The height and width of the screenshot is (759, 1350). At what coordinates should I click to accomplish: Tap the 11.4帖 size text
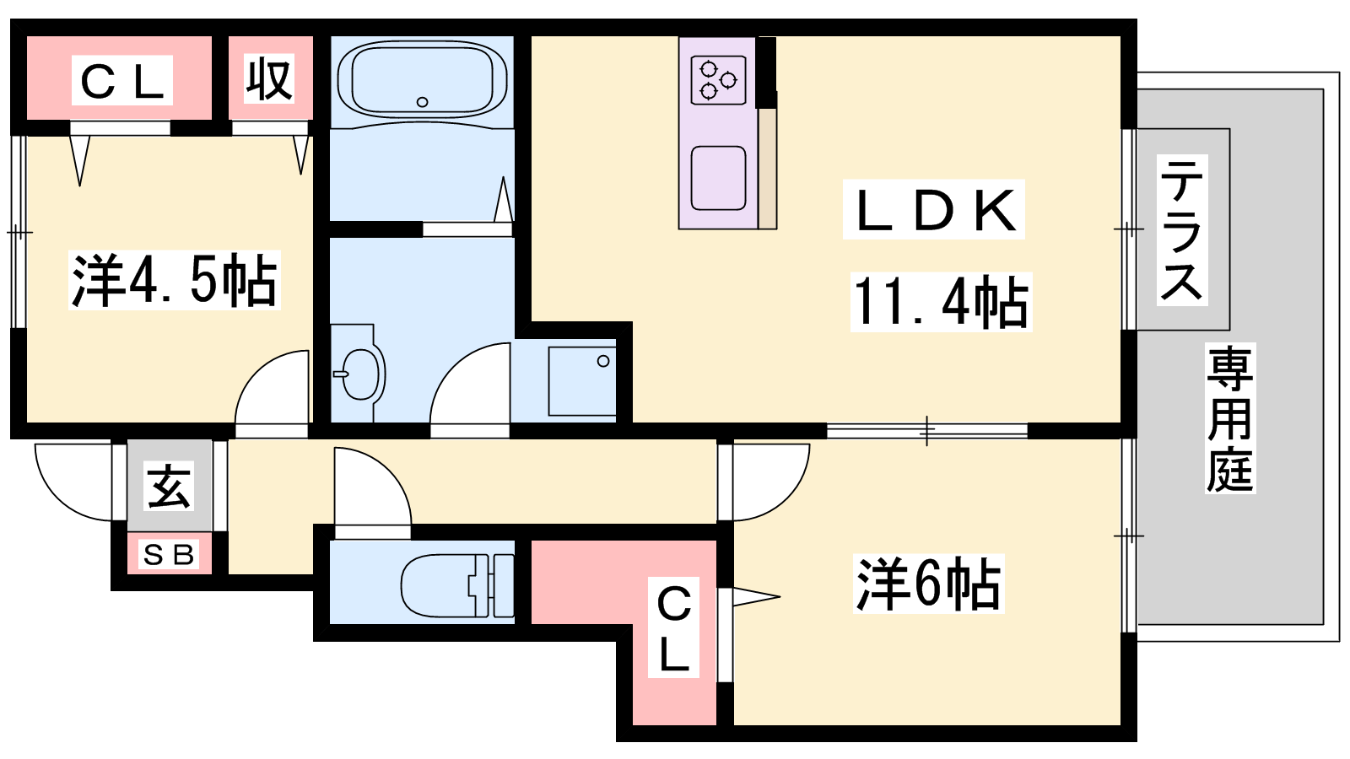(941, 302)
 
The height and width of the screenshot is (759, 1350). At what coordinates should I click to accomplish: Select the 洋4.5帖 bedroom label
(175, 281)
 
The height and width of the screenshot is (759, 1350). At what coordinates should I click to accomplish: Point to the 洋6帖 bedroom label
(928, 584)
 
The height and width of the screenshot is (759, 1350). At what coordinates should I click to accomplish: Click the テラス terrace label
(1182, 229)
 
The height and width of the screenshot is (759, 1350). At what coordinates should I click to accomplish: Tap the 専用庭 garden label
(1230, 418)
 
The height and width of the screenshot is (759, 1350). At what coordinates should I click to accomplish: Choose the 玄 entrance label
(169, 486)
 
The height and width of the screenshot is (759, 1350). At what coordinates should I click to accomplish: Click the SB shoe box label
(169, 555)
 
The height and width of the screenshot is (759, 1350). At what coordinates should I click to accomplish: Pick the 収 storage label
(270, 80)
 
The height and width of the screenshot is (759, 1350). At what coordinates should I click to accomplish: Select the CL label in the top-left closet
(122, 81)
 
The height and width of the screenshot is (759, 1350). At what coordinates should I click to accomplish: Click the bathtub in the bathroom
(422, 80)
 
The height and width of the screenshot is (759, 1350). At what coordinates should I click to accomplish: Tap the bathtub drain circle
(423, 102)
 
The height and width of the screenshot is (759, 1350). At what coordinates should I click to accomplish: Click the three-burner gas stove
(718, 79)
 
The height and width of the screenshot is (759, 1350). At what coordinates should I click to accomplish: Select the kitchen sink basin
(718, 178)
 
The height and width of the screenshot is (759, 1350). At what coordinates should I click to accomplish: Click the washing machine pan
(582, 381)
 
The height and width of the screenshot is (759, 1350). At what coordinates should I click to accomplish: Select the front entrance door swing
(74, 481)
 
